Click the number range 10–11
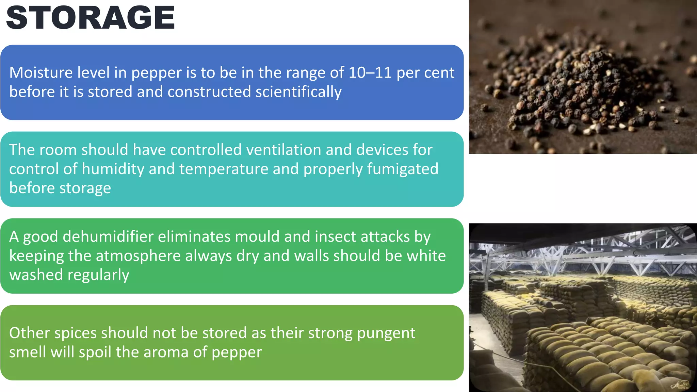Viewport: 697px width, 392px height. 370,72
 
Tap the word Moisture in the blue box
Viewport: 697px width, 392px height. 41,72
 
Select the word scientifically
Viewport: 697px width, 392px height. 298,92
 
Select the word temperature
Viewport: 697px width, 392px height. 224,169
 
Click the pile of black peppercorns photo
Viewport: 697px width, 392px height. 583,77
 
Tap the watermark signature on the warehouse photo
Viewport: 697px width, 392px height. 680,385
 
